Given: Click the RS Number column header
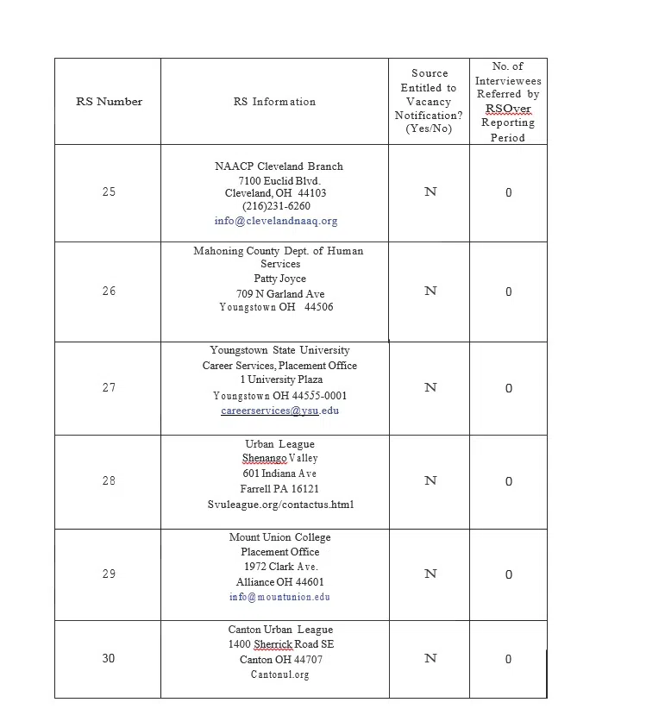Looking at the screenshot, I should click(x=109, y=102).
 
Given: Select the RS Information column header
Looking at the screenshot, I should click(x=274, y=102).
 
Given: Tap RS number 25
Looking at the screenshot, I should click(x=109, y=191).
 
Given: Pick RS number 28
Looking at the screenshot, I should click(x=109, y=480).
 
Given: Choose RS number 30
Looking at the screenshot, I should click(x=109, y=658).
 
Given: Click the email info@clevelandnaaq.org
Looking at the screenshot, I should click(x=276, y=221).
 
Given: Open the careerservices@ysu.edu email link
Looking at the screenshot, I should click(x=279, y=411).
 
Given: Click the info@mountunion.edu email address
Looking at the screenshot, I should click(x=279, y=597).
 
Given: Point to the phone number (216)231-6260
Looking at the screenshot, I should click(x=276, y=206).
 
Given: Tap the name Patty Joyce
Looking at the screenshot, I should click(x=279, y=279).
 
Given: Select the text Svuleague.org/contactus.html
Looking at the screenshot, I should click(x=280, y=505).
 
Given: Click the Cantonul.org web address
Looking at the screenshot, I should click(x=279, y=674).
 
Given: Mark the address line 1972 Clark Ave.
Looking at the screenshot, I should click(x=280, y=567).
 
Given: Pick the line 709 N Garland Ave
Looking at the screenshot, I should click(x=280, y=294).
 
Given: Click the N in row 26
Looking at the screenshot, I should click(x=430, y=292).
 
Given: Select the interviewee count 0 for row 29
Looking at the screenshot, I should click(x=509, y=574).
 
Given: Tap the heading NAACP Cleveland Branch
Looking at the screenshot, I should click(x=279, y=166).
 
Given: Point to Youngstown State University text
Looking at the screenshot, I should click(x=279, y=350).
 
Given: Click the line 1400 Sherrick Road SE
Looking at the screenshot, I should click(x=280, y=644).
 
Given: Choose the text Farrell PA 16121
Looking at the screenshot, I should click(x=279, y=489).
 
